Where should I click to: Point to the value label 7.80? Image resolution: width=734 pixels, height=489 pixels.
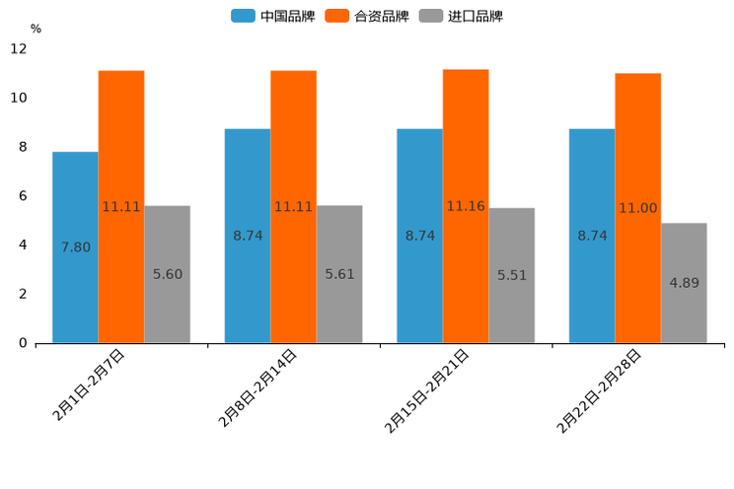75,247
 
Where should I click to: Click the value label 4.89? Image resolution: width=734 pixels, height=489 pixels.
684,283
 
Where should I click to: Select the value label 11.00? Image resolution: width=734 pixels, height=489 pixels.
637,208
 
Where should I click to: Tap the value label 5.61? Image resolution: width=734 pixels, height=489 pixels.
339,274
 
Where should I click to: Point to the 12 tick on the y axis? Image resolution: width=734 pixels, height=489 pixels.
19,49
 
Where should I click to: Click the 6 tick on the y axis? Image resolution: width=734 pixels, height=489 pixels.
23,196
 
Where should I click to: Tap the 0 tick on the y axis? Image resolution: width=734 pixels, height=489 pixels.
23,343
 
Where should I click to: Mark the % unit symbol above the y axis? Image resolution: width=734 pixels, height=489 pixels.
36,29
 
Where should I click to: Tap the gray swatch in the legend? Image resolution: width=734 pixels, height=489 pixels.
430,16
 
